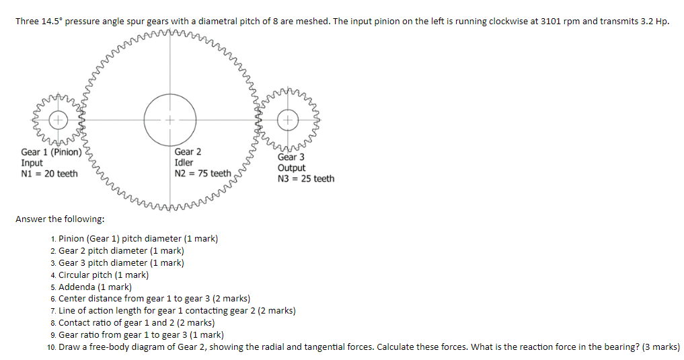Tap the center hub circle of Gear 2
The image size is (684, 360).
coord(170,120)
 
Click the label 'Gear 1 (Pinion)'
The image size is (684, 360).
coord(51,152)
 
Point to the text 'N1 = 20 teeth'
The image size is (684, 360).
coord(49,174)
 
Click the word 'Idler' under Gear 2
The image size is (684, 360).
coord(184,163)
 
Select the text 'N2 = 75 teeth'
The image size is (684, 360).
coord(202,174)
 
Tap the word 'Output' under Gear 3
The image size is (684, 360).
coord(291,168)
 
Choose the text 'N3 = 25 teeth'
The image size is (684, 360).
coord(305,178)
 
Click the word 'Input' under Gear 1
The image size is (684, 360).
coord(32,163)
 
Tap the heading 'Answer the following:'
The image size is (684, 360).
coord(60,219)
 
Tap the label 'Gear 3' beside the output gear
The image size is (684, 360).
coord(291,157)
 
